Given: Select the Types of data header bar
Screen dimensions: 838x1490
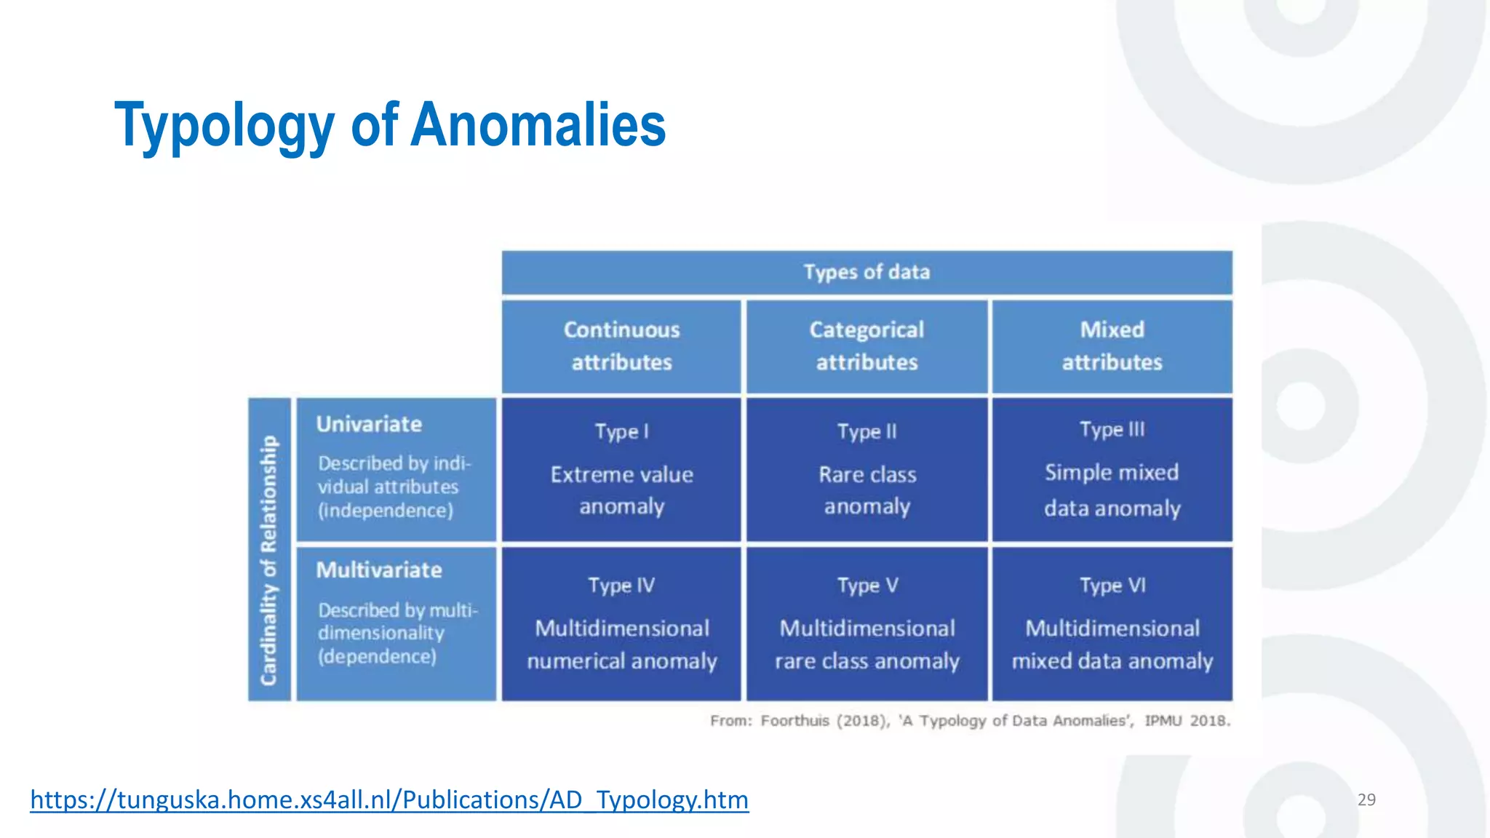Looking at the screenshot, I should click(866, 273).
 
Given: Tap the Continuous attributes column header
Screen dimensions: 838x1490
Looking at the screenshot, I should click(621, 346).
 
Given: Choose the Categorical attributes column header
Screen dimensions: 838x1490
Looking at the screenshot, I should click(866, 346).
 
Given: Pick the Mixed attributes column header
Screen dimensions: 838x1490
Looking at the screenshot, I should click(1112, 346).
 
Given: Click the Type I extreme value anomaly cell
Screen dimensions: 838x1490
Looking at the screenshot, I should click(621, 470).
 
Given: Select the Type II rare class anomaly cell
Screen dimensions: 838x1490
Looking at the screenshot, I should click(866, 470).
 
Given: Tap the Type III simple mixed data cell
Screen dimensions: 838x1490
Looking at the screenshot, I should click(1112, 470).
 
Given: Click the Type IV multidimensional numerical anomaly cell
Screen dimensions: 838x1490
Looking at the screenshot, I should click(621, 624).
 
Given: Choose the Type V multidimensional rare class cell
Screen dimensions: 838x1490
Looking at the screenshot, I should click(866, 624).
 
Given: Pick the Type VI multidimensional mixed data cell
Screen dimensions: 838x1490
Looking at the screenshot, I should click(1112, 624).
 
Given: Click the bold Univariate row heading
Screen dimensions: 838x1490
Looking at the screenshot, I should click(369, 424).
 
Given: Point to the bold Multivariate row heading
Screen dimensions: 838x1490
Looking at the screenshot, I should click(379, 570).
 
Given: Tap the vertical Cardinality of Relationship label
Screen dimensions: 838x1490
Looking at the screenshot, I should click(269, 560).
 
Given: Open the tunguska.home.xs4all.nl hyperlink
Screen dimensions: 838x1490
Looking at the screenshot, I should click(389, 799).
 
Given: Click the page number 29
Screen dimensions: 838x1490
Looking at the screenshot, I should click(1366, 799).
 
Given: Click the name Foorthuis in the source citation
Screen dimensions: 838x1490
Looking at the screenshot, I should click(794, 721).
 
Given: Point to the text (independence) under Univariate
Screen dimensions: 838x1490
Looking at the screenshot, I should click(386, 511).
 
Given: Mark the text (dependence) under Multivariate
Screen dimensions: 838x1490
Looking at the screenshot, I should click(377, 657).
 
